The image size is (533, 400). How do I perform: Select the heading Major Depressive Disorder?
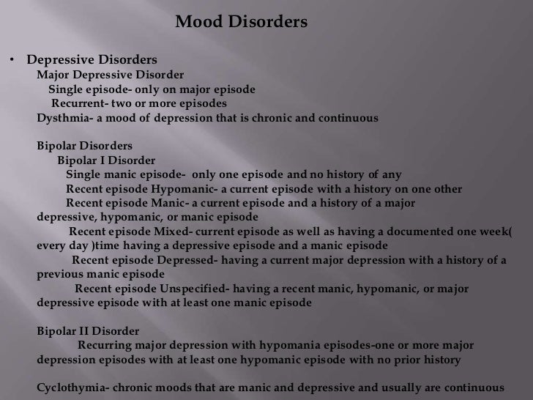pyautogui.click(x=111, y=75)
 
